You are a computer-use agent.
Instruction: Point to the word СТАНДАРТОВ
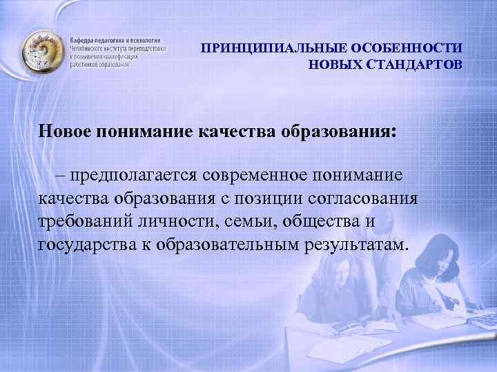click(x=413, y=65)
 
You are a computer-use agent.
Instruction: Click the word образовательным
click(x=226, y=246)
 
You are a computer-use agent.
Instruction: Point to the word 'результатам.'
click(x=355, y=246)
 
